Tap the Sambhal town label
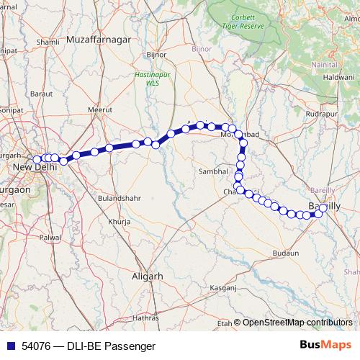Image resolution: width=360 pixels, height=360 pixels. click(x=212, y=172)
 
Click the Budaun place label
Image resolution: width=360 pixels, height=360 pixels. click(x=285, y=253)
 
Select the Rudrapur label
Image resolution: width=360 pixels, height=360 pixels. click(x=321, y=114)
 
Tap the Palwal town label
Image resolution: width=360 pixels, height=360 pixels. click(x=50, y=237)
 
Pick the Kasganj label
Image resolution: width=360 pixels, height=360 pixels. click(x=222, y=287)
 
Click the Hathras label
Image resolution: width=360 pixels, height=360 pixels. click(x=145, y=317)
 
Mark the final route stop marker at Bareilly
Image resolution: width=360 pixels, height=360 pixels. click(x=322, y=208)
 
